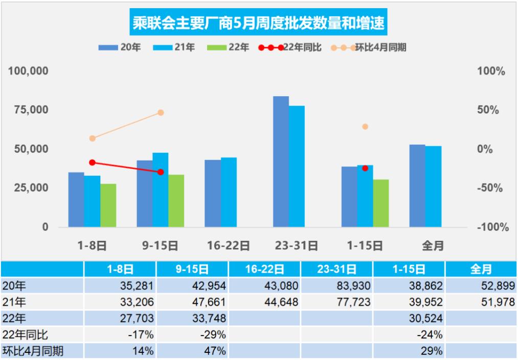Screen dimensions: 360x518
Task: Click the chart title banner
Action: tap(258, 23)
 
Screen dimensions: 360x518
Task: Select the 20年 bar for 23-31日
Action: tap(281, 162)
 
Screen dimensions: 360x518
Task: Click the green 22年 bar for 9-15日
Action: tap(176, 200)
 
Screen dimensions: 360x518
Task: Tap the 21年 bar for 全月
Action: tap(434, 186)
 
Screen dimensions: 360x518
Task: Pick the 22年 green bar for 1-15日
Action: tap(381, 203)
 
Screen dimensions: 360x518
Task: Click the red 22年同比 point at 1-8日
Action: tap(93, 163)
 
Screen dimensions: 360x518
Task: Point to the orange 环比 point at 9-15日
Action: tap(161, 112)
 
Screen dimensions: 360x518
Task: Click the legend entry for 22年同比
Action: tap(290, 48)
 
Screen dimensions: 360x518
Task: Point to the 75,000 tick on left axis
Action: tap(28, 109)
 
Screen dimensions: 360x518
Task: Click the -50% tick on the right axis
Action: tap(490, 188)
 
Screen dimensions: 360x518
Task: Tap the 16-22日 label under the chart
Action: tap(229, 245)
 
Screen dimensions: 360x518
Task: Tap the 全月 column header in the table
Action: tap(480, 269)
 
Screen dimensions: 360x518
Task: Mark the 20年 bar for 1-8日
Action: tap(76, 199)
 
